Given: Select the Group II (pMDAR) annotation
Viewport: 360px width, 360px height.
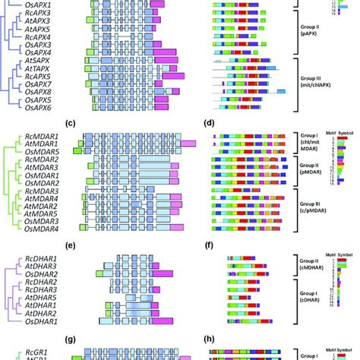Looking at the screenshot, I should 311,169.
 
